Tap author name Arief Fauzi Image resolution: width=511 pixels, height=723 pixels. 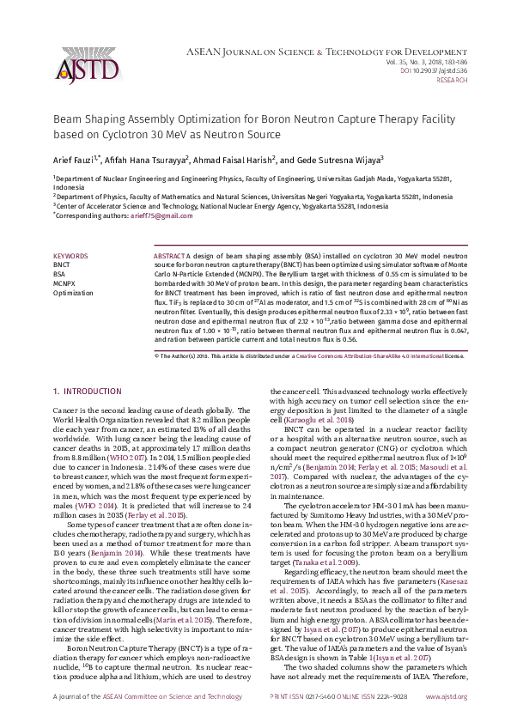tap(75, 158)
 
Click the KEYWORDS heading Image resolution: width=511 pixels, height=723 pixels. tap(70, 256)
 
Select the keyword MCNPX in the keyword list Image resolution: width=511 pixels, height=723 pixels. tap(64, 282)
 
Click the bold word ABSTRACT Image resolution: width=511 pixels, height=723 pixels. tap(167, 256)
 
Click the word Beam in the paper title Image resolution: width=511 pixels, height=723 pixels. tap(67, 121)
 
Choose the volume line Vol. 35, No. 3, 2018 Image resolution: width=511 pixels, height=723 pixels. tap(426, 61)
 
